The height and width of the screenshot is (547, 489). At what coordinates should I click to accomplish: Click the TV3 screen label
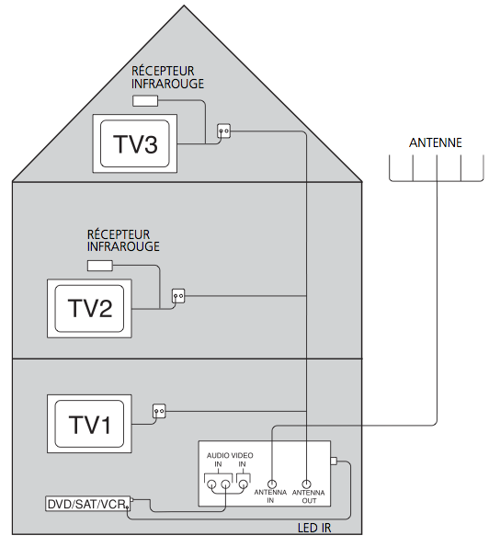click(135, 144)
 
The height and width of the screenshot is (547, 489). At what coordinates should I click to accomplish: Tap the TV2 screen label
click(90, 308)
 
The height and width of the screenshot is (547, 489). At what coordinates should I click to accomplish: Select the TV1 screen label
click(90, 425)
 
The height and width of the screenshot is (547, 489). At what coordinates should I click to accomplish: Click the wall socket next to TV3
click(224, 131)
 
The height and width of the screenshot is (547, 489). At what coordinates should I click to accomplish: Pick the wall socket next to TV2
click(178, 296)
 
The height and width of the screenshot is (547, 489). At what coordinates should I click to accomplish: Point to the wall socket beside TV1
click(159, 411)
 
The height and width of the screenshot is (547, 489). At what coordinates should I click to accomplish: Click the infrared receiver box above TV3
click(145, 101)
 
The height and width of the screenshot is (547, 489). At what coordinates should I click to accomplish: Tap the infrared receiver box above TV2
click(100, 266)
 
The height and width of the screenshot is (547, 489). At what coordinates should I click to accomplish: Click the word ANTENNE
click(436, 142)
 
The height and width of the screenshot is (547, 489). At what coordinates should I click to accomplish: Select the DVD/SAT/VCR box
click(88, 504)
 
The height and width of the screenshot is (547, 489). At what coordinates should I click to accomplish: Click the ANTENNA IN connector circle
click(272, 484)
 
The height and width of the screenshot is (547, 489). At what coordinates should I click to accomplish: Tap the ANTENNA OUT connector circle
click(306, 484)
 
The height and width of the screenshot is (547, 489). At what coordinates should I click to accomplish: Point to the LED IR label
click(314, 529)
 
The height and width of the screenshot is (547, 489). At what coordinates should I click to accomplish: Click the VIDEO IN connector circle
click(243, 484)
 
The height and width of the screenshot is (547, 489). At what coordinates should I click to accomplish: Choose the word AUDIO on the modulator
click(218, 456)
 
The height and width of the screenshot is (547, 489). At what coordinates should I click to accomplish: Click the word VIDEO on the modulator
click(242, 456)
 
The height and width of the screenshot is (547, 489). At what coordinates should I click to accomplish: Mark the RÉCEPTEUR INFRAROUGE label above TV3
click(167, 77)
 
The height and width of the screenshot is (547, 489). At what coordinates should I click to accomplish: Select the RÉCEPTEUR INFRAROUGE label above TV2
click(123, 240)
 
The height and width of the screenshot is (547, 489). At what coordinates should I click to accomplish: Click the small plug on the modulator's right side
click(334, 462)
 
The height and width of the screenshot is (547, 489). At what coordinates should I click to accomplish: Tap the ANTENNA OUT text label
click(308, 496)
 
